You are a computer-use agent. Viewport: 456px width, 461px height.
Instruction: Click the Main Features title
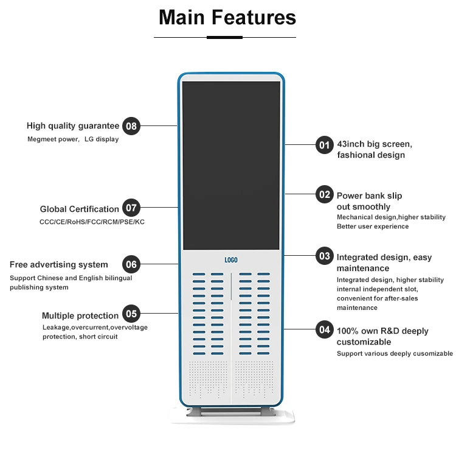[x=227, y=17]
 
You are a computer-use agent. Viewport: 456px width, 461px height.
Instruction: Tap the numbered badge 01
[x=324, y=145]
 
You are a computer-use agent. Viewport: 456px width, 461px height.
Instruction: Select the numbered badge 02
[x=324, y=194]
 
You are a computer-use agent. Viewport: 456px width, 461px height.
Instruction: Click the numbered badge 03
[x=324, y=256]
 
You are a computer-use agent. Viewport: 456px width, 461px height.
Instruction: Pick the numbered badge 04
[x=324, y=329]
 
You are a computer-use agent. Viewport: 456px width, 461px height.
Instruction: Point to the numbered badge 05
[x=131, y=314]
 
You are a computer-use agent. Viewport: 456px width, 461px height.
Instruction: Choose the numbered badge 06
[x=131, y=264]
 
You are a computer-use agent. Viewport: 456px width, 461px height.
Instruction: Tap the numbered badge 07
[x=131, y=208]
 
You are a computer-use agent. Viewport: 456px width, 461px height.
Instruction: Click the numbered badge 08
[x=131, y=127]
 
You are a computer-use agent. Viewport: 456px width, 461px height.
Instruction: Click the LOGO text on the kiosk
[x=231, y=260]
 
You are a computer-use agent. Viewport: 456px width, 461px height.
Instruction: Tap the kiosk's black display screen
[x=231, y=164]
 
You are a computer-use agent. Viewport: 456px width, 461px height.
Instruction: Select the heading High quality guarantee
[x=73, y=126]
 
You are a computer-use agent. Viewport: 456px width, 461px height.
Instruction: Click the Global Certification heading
[x=80, y=209]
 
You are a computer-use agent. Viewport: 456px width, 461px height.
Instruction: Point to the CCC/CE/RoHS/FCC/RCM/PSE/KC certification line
[x=92, y=222]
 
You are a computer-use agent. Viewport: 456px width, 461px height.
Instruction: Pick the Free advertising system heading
[x=59, y=265]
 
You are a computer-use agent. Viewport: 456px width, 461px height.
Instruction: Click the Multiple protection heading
[x=80, y=315]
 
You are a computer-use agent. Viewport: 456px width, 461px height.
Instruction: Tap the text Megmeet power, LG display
[x=73, y=139]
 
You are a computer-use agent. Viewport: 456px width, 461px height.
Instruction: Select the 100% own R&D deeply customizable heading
[x=382, y=336]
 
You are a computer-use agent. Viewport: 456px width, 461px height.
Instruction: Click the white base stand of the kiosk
[x=231, y=418]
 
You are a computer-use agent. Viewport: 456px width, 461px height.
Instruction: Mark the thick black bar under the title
[x=224, y=37]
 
